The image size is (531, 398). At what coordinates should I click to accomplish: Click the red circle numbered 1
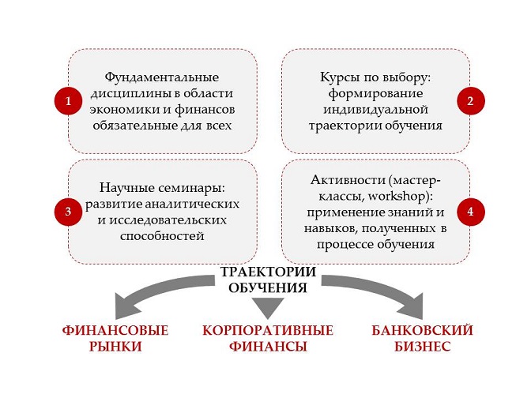click(x=69, y=101)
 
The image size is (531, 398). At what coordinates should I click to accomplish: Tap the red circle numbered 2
click(x=470, y=101)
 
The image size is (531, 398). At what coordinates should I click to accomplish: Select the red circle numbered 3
click(x=69, y=212)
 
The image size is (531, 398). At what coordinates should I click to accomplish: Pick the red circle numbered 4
click(x=470, y=212)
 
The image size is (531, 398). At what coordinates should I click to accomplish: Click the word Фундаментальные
click(x=162, y=77)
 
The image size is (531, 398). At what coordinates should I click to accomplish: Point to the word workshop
click(x=396, y=197)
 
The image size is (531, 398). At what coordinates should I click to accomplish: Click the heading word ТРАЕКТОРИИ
click(x=268, y=272)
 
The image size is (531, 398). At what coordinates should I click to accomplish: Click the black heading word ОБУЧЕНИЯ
click(x=268, y=287)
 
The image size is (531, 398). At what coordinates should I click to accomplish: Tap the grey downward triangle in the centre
click(x=268, y=306)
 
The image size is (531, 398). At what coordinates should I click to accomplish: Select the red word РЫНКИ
click(x=115, y=347)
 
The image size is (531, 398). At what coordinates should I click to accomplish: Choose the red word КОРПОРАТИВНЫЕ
click(x=268, y=331)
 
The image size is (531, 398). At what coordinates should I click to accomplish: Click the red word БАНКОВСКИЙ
click(x=422, y=330)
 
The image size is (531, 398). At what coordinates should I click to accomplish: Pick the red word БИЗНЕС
click(x=422, y=347)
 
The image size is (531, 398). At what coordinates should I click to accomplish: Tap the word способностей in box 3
click(x=162, y=236)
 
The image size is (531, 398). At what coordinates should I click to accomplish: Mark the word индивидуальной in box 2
click(x=375, y=110)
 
